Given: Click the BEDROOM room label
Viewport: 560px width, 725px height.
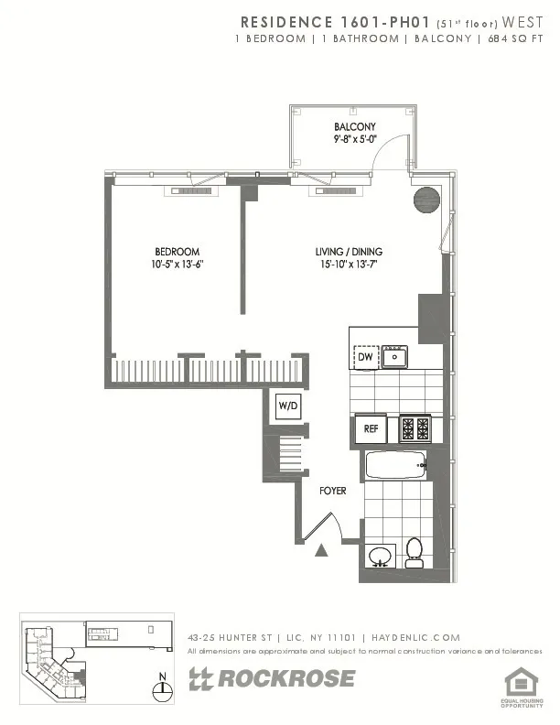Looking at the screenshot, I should (177, 252).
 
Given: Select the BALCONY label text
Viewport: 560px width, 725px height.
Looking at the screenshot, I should (354, 127).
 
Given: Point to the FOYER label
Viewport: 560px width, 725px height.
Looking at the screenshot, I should (332, 492).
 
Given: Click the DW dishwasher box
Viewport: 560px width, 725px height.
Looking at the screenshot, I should (364, 357).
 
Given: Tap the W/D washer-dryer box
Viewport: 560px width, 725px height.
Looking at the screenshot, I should (287, 406).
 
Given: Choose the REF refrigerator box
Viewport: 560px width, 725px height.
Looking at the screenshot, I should (371, 428).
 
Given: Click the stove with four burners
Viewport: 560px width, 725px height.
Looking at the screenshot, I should (413, 428).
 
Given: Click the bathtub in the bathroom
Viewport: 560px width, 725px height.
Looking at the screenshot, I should (396, 466).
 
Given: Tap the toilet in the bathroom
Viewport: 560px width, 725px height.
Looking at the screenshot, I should (414, 552).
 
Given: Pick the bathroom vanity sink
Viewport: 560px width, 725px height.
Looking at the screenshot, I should (380, 556).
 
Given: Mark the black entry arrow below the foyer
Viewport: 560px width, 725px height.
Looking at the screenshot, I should (322, 550).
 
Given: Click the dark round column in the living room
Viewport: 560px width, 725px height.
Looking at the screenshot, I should (426, 200).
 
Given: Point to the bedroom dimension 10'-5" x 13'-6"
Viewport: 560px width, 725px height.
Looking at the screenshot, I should (177, 265).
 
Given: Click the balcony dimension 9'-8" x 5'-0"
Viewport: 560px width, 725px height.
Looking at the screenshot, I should (354, 140).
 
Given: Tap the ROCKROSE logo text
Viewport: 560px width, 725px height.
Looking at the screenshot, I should (272, 678).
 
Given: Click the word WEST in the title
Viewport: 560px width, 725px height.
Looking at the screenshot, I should (521, 21).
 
